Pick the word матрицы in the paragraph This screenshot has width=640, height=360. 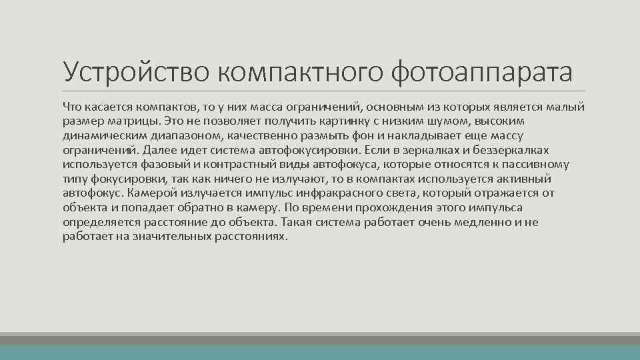coord(135,121)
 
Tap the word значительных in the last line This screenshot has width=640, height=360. coord(173,237)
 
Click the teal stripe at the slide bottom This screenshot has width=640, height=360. coord(320,353)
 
